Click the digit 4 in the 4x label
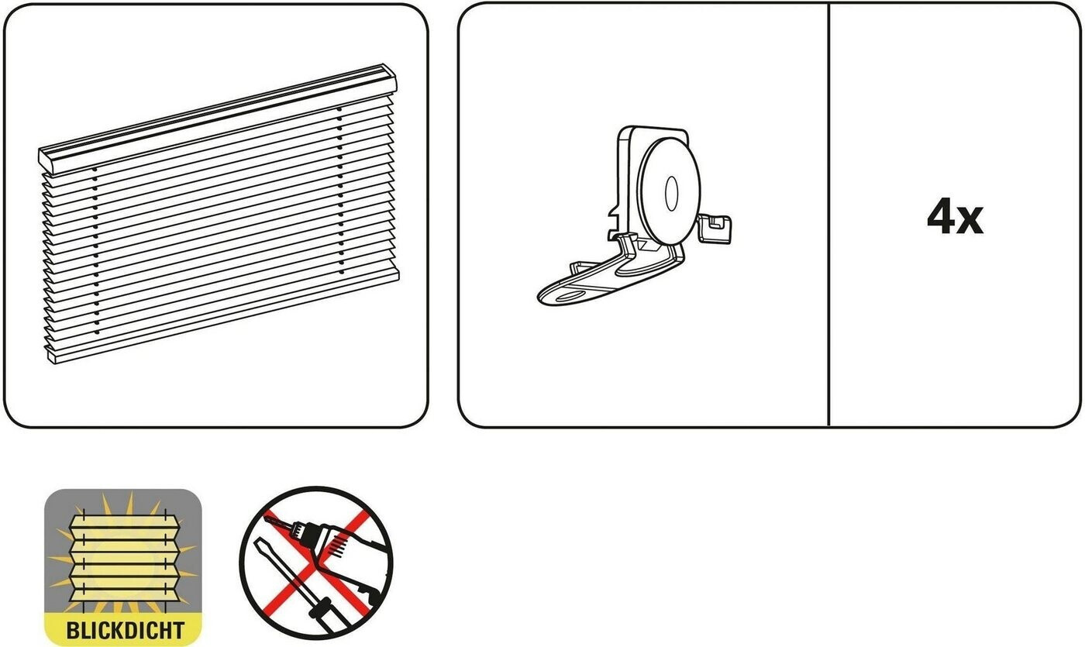pos(941,216)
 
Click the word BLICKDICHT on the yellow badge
pos(125,630)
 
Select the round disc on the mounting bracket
pos(669,191)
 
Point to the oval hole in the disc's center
pos(671,194)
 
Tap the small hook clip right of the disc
pos(715,229)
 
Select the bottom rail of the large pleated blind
pos(224,319)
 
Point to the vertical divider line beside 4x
pos(829,215)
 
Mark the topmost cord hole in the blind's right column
pos(339,109)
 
